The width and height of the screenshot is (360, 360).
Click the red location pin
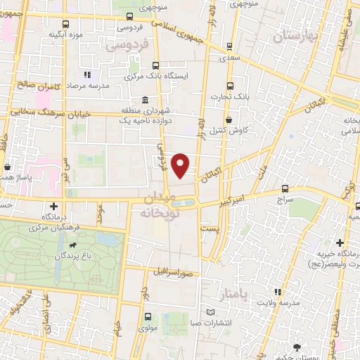181,165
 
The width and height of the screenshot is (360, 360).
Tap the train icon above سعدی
231,47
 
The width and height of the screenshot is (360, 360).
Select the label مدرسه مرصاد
86,84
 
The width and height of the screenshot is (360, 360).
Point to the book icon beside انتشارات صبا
210,314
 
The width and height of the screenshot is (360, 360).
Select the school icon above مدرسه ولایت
279,291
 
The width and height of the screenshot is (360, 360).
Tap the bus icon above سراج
285,188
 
